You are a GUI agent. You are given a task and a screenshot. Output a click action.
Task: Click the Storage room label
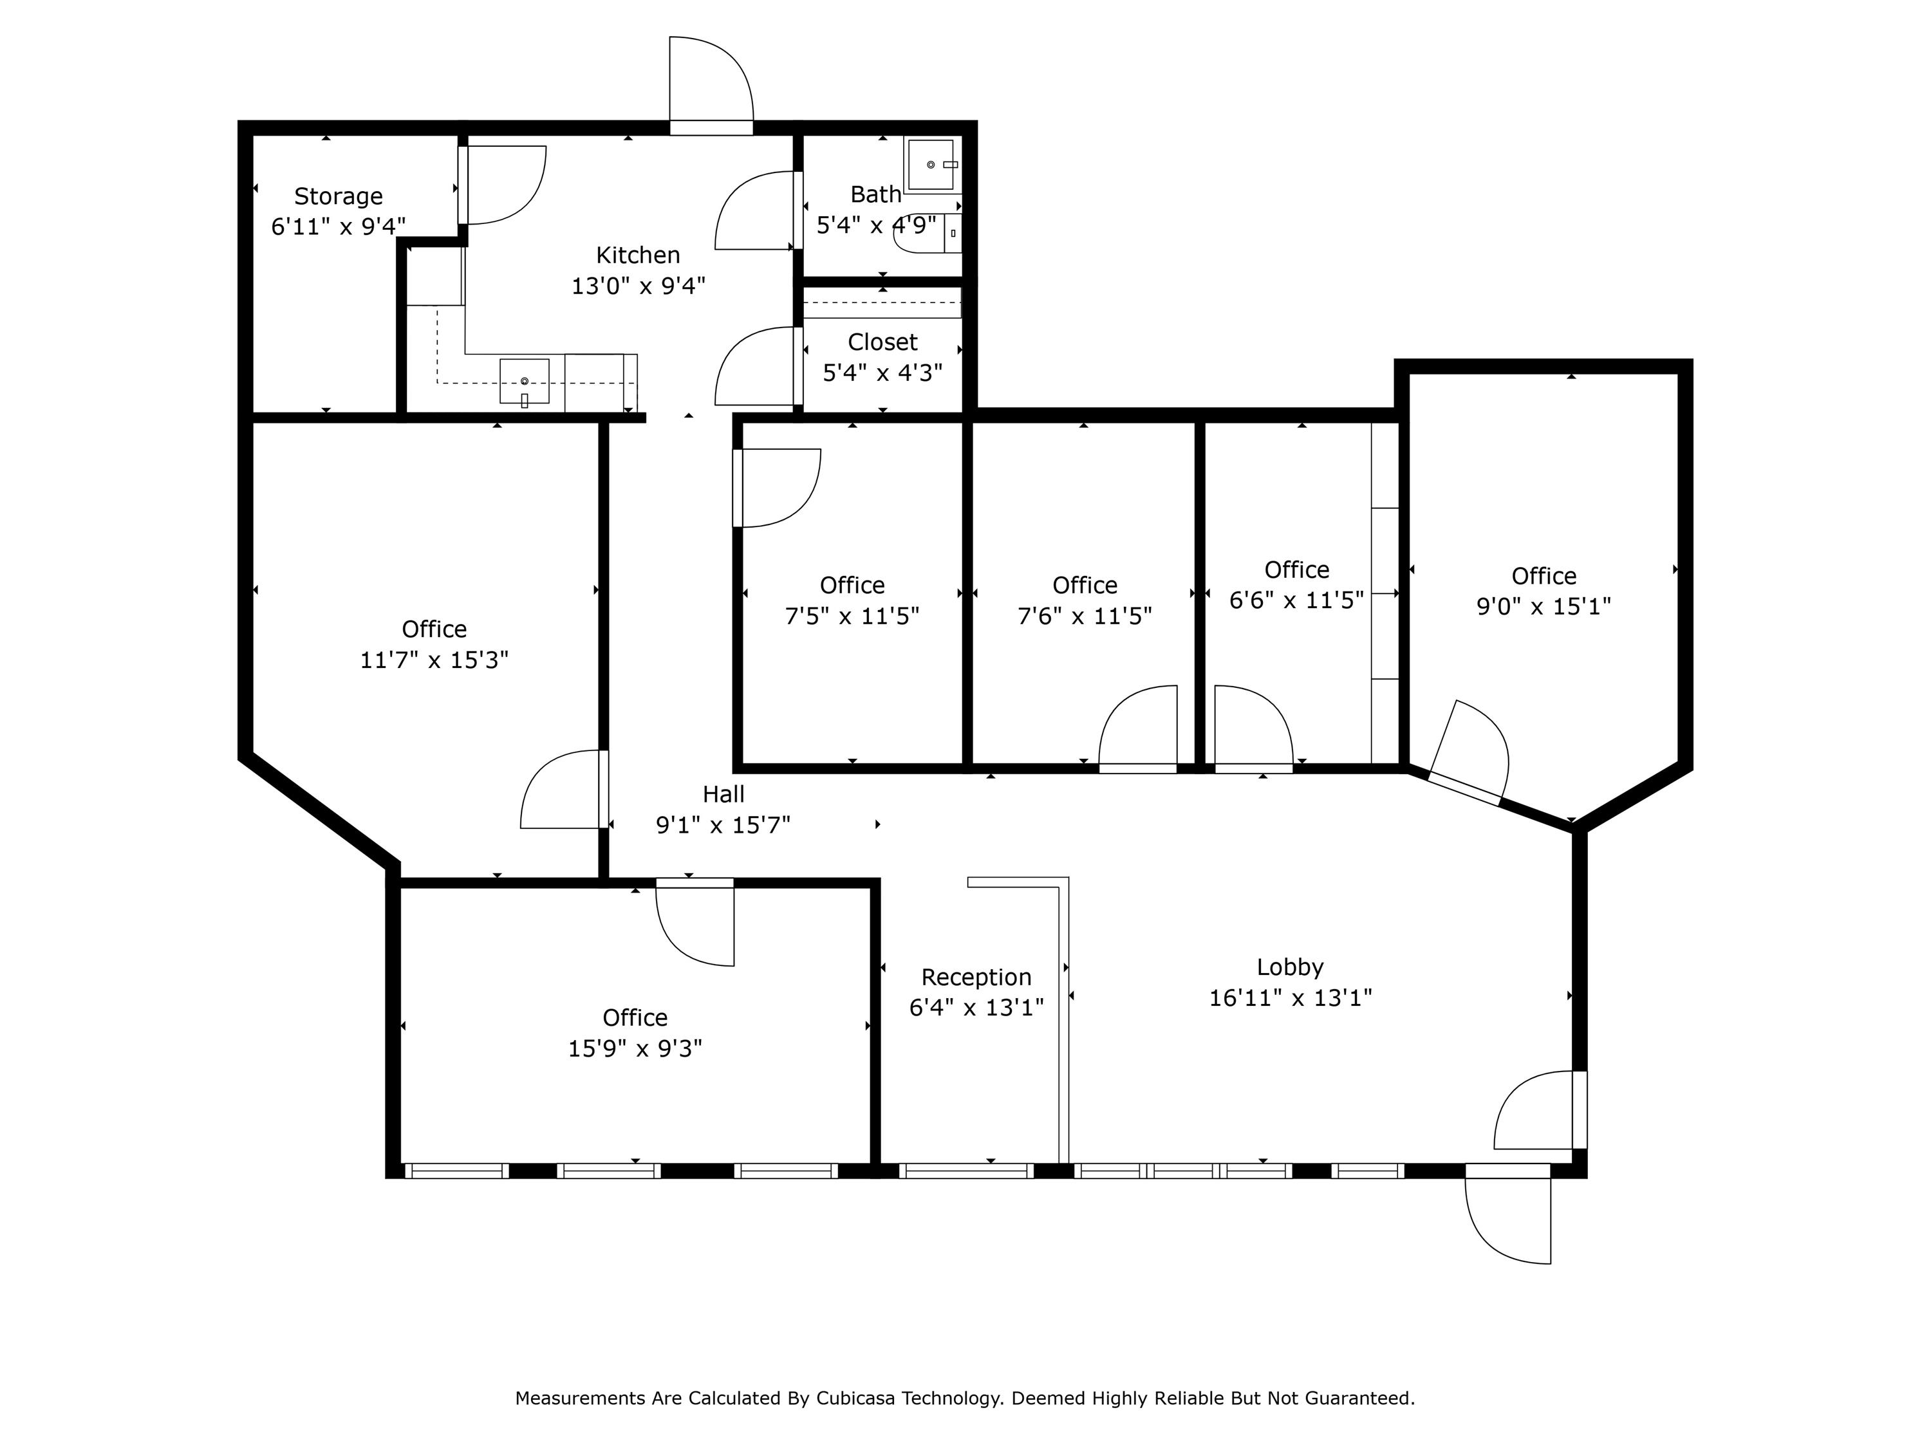tap(338, 196)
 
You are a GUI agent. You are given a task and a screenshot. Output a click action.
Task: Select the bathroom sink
tap(931, 164)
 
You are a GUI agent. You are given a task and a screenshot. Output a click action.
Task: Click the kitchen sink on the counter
tap(524, 382)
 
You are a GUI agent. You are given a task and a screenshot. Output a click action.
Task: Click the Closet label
tap(882, 342)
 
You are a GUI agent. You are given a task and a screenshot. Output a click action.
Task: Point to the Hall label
tap(723, 794)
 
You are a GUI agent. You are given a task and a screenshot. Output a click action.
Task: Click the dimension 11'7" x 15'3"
tap(434, 660)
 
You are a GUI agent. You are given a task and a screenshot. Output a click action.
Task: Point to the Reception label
tap(976, 977)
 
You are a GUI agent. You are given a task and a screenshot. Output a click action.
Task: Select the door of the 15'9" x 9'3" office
tap(696, 925)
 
